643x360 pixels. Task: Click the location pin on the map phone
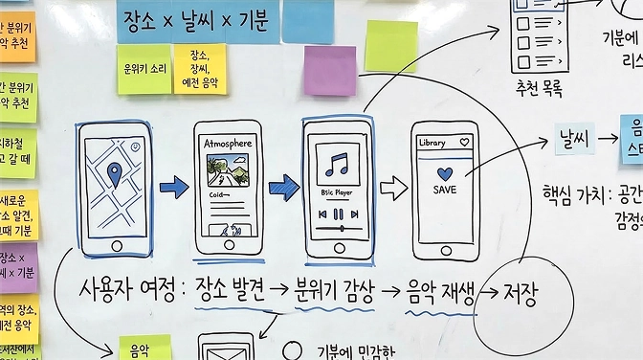coord(115,175)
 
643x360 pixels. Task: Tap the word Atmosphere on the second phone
coord(228,144)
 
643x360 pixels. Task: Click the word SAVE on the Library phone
coord(444,190)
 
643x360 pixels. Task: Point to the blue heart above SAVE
coord(444,172)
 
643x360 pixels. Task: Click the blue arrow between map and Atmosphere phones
coord(174,188)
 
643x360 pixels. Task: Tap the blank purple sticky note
coord(329,70)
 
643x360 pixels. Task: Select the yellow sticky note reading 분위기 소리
coord(144,70)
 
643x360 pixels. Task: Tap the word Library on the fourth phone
coord(432,143)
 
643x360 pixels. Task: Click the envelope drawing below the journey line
coord(223,346)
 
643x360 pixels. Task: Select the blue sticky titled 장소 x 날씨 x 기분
coord(194,20)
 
